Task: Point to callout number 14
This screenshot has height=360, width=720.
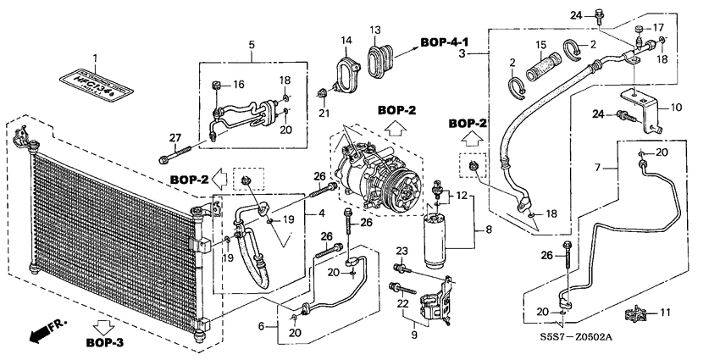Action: click(346, 40)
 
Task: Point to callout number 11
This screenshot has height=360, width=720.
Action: click(665, 313)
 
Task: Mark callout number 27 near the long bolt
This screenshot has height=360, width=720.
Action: click(175, 138)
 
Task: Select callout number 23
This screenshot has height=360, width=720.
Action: click(402, 250)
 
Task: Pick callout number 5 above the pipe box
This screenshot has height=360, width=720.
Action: click(251, 43)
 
